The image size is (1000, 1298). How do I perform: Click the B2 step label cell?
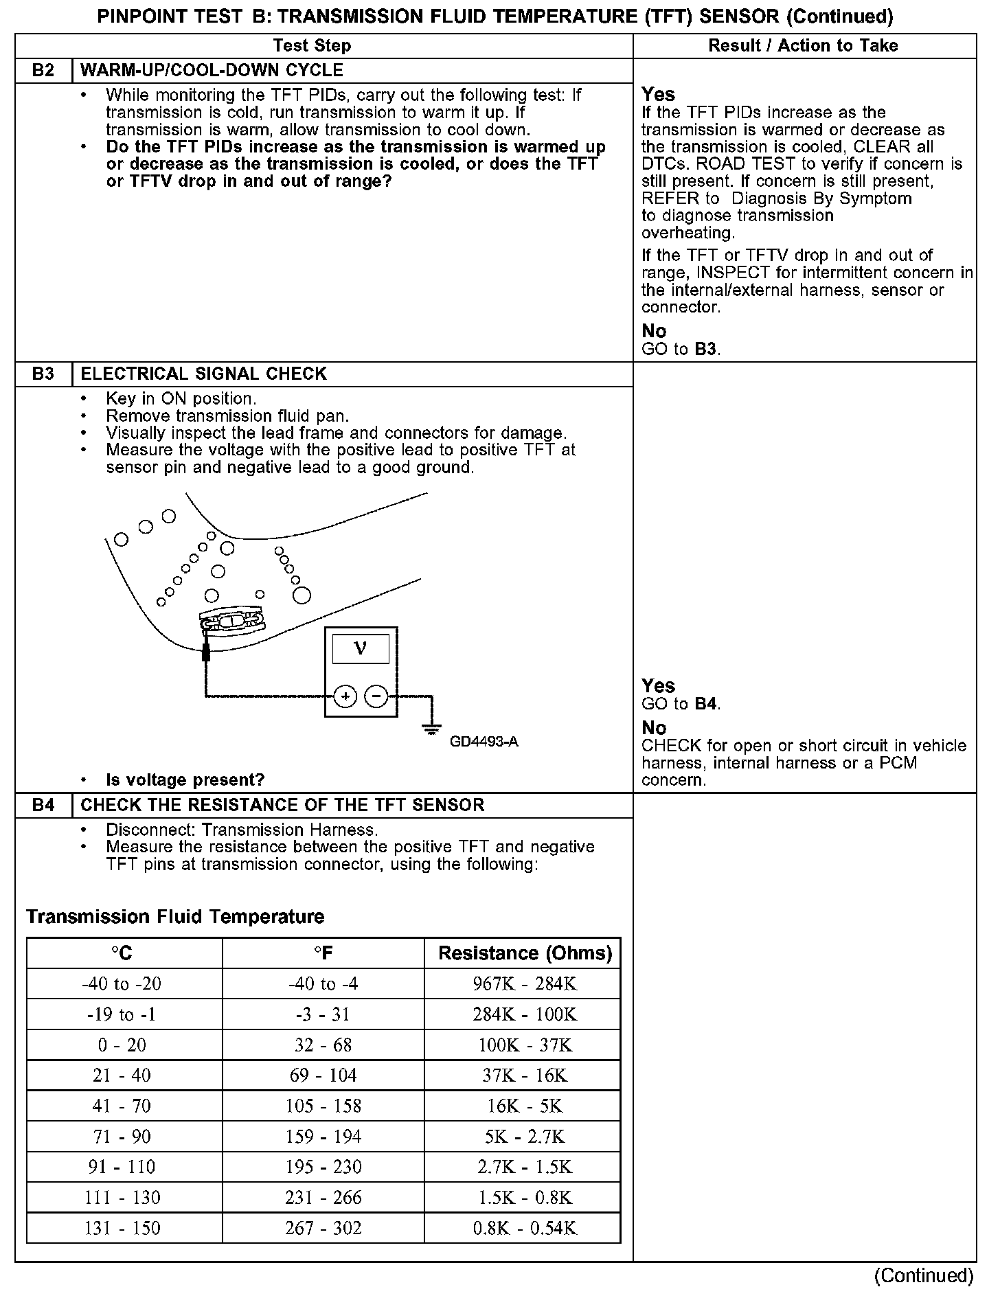43,71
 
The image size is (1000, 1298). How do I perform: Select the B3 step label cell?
43,374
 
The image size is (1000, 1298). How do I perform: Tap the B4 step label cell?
43,806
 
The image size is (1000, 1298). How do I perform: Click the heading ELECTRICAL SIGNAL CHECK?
204,374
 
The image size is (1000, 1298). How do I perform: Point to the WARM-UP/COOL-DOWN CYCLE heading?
212,71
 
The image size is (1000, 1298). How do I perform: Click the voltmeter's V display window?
361,649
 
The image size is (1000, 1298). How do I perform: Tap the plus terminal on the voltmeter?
345,696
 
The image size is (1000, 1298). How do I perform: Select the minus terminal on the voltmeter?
376,696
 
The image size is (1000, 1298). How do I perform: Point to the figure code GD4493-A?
484,742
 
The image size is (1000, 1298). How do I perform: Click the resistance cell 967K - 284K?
525,984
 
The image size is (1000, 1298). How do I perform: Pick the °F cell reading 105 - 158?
323,1106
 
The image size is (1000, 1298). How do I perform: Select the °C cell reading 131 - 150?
122,1228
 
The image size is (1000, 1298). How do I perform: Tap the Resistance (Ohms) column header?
525,953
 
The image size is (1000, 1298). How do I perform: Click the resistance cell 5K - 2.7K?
525,1137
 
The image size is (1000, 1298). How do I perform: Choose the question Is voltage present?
185,780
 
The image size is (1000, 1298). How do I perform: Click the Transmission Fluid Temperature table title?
175,917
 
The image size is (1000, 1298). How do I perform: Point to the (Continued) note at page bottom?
923,1275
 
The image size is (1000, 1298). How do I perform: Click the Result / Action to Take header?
803,46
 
